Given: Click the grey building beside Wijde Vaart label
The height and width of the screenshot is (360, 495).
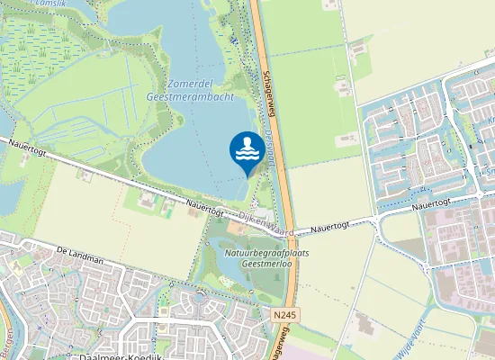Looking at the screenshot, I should (x=364, y=322).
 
